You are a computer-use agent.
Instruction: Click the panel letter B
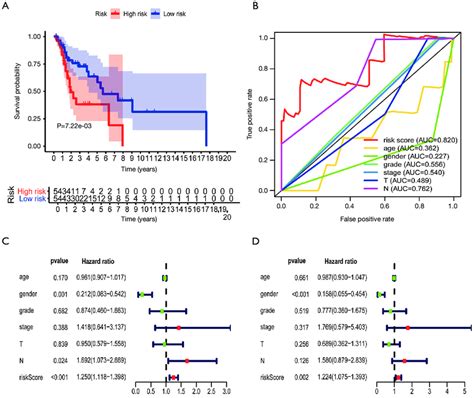click(x=249, y=7)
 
